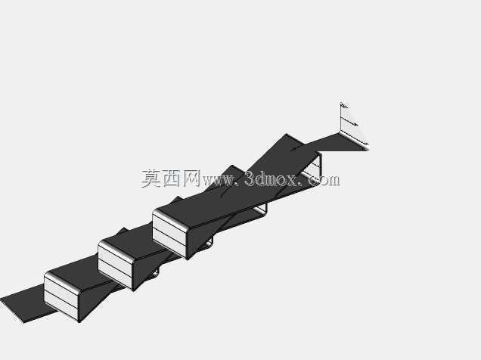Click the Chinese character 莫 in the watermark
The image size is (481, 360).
pyautogui.click(x=151, y=178)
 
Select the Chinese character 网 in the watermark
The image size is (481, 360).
pyautogui.click(x=192, y=178)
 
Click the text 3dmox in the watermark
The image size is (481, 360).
pyautogui.click(x=271, y=178)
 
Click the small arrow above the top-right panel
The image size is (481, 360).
pyautogui.click(x=349, y=122)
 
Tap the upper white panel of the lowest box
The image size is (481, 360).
pyautogui.click(x=61, y=287)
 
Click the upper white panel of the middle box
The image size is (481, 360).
pyautogui.click(x=116, y=258)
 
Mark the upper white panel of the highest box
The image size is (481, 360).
pyautogui.click(x=169, y=226)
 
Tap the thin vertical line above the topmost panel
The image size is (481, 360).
pyautogui.click(x=341, y=117)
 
